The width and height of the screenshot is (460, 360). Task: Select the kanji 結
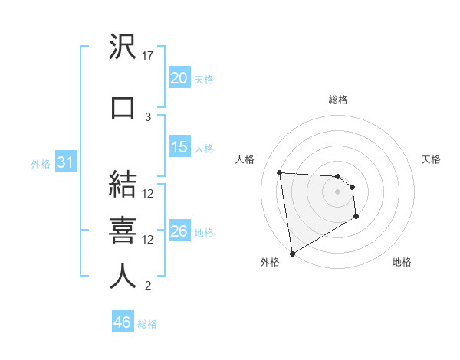(123, 185)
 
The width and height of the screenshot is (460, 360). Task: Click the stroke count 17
(148, 56)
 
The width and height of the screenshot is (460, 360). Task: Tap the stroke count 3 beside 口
(148, 116)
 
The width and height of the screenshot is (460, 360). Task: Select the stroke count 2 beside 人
(148, 286)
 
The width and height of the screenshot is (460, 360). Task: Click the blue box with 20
(179, 78)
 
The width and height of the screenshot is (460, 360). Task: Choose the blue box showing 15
(179, 147)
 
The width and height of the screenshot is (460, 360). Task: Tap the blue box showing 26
(179, 231)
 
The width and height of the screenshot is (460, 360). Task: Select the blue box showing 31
(64, 162)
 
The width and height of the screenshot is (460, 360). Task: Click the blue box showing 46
(122, 322)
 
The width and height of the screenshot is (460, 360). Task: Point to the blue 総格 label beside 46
(147, 324)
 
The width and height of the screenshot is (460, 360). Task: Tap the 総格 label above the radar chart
(337, 100)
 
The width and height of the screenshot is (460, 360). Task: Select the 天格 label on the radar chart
(431, 159)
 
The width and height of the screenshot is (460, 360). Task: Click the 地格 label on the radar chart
(402, 262)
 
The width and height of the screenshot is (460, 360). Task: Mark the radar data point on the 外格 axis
(291, 253)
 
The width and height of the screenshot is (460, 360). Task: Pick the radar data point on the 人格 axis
(280, 172)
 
